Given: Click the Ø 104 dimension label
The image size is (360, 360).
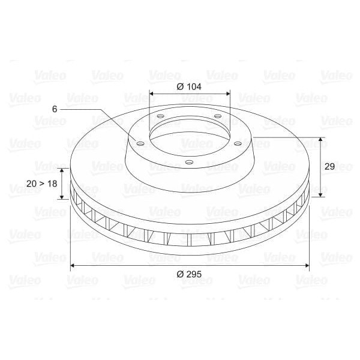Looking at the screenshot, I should (189, 86).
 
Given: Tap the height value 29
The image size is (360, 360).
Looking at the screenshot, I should (329, 167).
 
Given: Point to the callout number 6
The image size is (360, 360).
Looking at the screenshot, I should (55, 109).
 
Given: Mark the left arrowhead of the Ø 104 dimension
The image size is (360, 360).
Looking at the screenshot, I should (151, 94).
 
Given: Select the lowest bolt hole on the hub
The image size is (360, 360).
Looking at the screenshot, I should (189, 162).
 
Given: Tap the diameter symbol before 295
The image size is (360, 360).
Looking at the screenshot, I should (180, 274).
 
